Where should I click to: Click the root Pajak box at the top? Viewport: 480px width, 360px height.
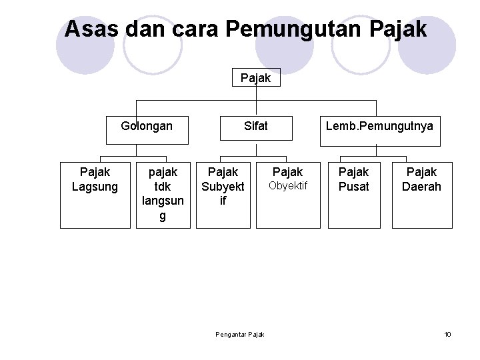pos(256,78)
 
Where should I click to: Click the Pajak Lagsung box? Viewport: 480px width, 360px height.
pos(95,194)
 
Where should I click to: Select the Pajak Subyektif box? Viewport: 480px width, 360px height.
pos(223,194)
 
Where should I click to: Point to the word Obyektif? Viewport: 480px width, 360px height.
pos(288,186)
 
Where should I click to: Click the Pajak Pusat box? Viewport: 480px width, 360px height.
pos(354,194)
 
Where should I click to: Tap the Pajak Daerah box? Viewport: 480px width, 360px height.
pos(421,194)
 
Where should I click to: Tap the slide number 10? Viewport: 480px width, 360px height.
pos(447,333)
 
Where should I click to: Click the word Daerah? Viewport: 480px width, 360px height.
pos(421,187)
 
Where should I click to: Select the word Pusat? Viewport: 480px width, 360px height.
pos(354,187)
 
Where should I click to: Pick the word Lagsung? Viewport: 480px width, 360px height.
pos(95,187)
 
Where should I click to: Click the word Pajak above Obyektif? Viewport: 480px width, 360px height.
pos(288,172)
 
